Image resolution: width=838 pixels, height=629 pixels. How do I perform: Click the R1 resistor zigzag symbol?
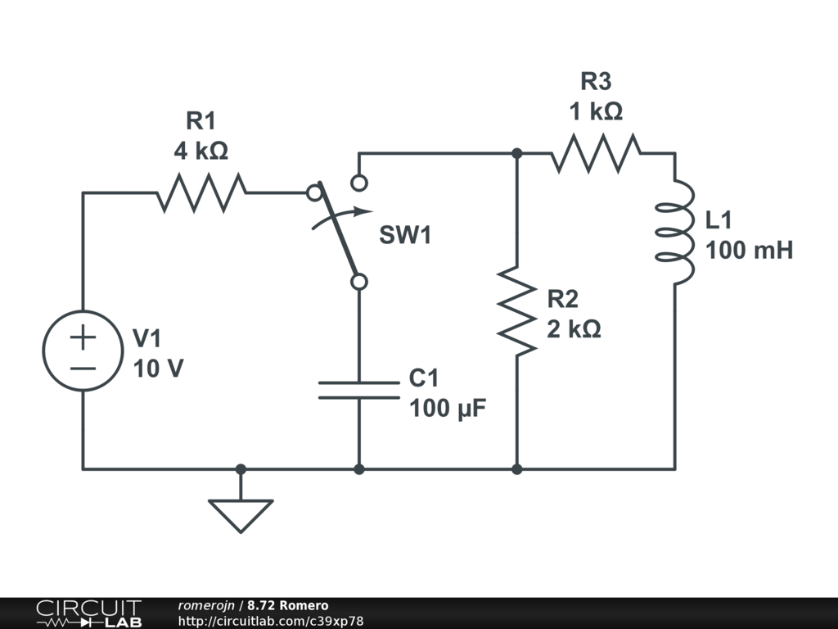point(201,193)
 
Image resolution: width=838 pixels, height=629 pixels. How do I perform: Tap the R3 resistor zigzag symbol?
point(596,153)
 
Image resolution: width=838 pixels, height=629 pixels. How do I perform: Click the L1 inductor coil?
point(676,233)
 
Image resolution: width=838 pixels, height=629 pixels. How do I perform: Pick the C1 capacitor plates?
point(358,390)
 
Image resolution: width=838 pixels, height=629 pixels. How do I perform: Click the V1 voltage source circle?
point(83,351)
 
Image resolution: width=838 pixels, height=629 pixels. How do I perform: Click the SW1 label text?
point(404,236)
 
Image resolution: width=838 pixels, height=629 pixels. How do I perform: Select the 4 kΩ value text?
point(200,152)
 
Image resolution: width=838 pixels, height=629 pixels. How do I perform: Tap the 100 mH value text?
point(749,250)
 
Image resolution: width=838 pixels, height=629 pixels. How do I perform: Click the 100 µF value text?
point(448,407)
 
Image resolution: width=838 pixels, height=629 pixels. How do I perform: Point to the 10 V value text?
point(158,369)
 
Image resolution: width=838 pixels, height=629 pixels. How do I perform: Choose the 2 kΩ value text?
point(574,329)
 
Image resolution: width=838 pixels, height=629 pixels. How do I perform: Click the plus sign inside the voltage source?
point(83,336)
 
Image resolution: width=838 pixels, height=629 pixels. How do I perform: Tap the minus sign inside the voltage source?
point(83,367)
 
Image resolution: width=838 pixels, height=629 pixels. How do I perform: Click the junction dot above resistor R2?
point(516,153)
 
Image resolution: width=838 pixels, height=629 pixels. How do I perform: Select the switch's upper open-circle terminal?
point(358,182)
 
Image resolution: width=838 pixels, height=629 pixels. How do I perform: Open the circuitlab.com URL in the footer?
point(270,622)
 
